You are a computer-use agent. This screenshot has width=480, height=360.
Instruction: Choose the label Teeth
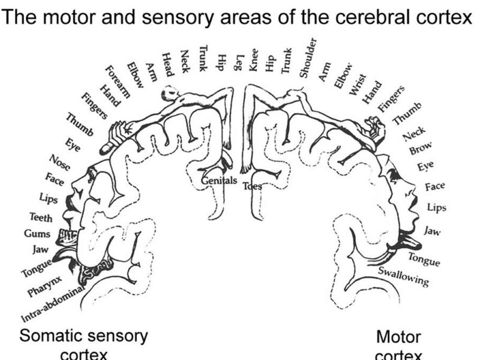(40, 218)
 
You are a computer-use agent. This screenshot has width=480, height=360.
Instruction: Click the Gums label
(37, 233)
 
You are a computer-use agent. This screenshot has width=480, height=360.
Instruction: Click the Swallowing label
(404, 277)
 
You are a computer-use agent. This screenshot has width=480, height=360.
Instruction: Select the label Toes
(252, 185)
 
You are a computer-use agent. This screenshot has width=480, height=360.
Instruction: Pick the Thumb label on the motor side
(407, 115)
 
